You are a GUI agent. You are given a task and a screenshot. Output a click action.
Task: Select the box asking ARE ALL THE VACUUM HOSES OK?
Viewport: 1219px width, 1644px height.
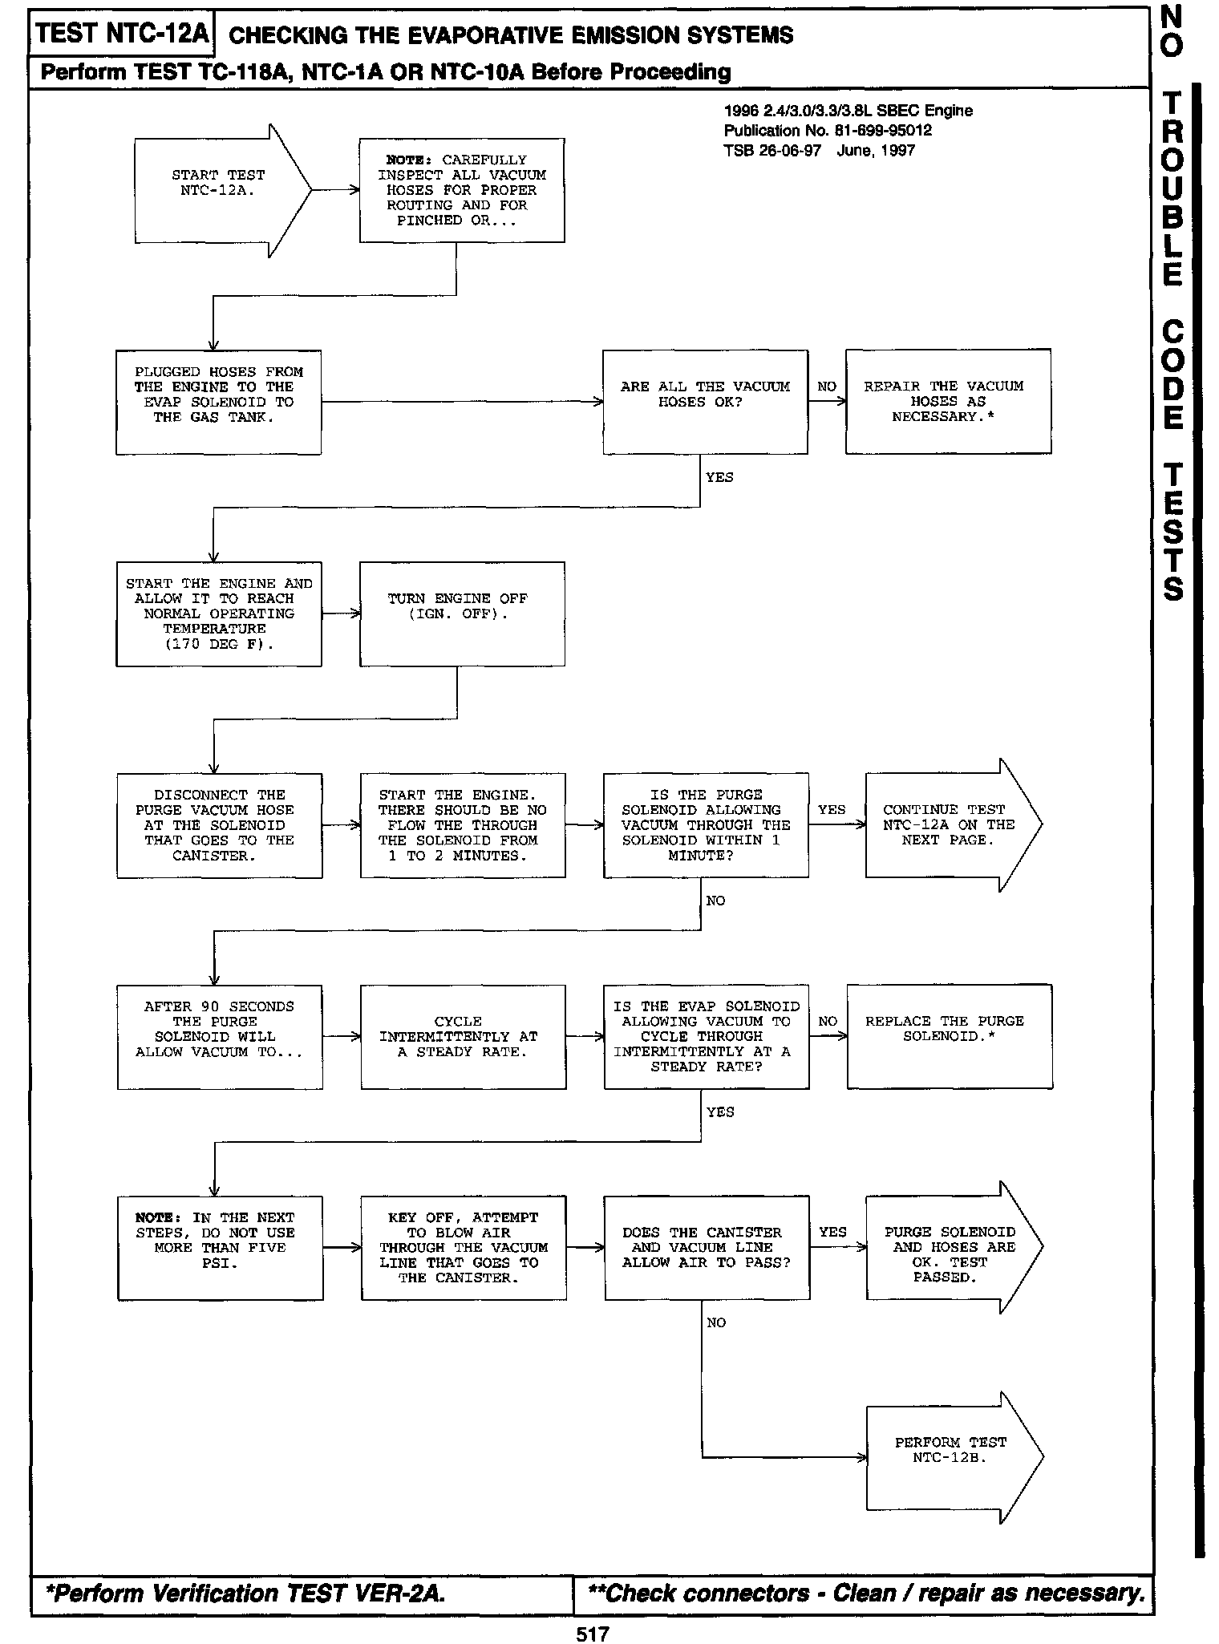[x=705, y=402]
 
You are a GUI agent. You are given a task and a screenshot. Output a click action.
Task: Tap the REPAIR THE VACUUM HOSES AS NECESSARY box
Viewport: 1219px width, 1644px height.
[x=947, y=402]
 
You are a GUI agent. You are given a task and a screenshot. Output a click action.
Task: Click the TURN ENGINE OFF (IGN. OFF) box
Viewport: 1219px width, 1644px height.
[x=461, y=614]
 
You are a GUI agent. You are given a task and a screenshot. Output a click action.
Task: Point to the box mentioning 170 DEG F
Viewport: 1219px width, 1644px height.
[x=218, y=614]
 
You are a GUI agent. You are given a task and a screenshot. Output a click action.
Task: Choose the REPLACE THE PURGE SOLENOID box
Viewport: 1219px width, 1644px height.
[x=949, y=1036]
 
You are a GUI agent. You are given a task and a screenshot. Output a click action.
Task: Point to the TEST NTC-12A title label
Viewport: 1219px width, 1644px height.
[x=122, y=34]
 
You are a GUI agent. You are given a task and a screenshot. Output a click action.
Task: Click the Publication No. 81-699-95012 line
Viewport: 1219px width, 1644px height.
[x=828, y=131]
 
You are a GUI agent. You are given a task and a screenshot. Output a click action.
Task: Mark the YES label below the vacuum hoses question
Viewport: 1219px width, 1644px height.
[x=719, y=477]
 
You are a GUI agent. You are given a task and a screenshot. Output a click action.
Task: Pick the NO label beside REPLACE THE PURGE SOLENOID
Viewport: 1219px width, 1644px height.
[x=828, y=1022]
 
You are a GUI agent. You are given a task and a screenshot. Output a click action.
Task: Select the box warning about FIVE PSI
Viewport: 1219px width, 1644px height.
[x=220, y=1248]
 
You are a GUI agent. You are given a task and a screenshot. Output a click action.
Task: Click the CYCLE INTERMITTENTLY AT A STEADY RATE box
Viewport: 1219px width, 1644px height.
[x=463, y=1036]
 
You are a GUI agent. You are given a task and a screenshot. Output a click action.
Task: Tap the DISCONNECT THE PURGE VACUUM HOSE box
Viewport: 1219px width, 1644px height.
[x=219, y=825]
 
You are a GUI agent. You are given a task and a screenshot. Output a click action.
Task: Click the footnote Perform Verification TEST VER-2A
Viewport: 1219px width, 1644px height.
[x=245, y=1593]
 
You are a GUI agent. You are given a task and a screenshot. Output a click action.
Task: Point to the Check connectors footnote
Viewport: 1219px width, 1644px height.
[x=866, y=1593]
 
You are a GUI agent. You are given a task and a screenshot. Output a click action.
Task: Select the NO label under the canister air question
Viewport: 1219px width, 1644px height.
[x=716, y=1323]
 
